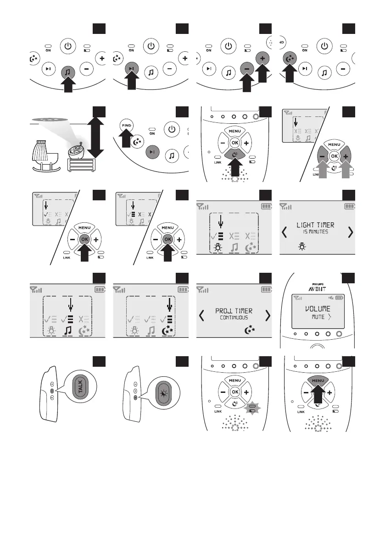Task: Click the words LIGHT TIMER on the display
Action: tap(315, 225)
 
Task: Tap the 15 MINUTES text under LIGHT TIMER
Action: tap(315, 232)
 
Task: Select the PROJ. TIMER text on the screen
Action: tap(234, 311)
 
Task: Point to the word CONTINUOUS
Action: tap(234, 318)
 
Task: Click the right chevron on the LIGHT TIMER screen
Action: tap(351, 232)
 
